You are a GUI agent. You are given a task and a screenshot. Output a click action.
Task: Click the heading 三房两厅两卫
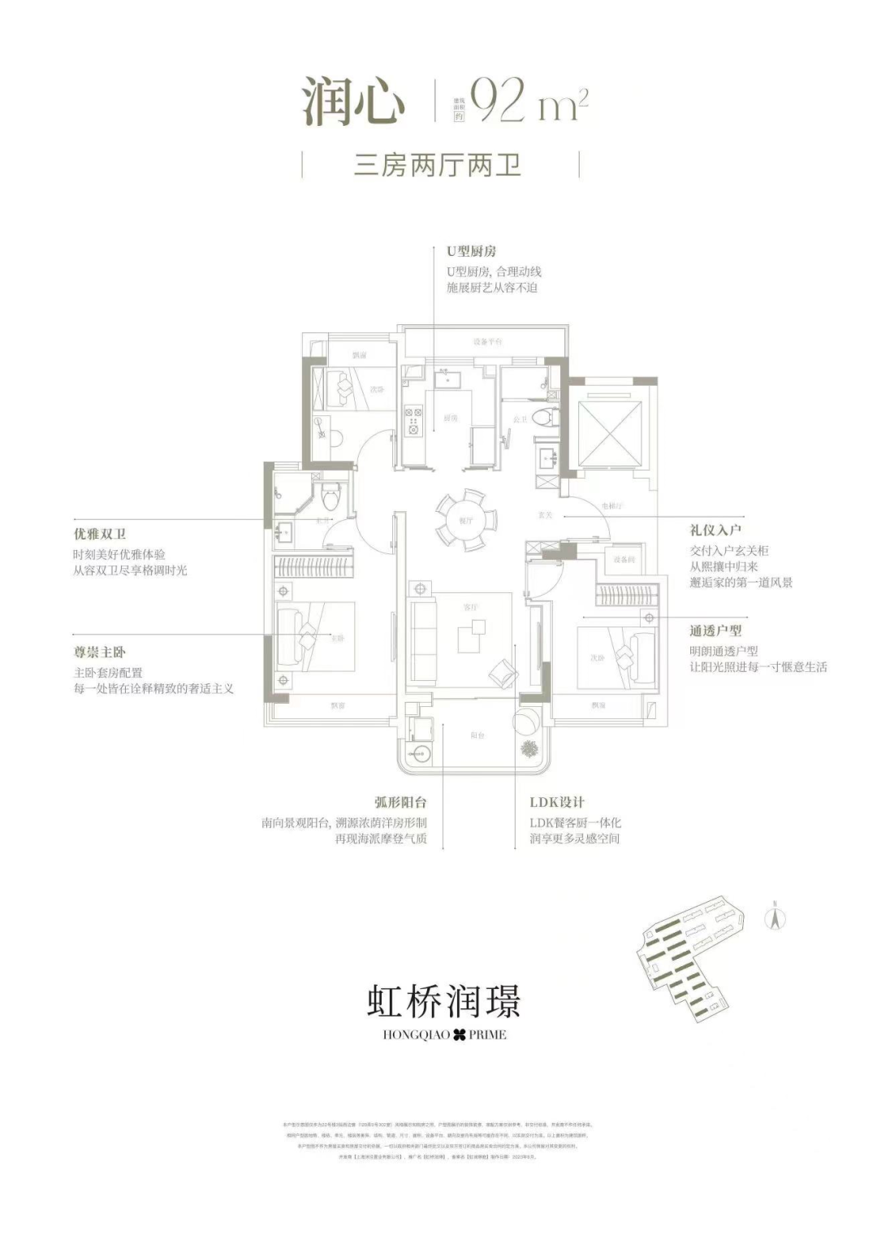(x=438, y=165)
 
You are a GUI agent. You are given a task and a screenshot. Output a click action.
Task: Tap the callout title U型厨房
(x=471, y=252)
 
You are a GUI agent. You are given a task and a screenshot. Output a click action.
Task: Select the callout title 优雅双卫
(x=100, y=534)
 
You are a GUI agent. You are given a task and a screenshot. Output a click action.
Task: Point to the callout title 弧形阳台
(x=400, y=803)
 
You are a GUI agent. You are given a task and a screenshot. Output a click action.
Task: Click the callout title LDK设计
(x=557, y=803)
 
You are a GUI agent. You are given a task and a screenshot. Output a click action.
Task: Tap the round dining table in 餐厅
(x=465, y=519)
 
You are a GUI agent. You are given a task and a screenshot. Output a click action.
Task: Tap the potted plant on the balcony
(x=529, y=748)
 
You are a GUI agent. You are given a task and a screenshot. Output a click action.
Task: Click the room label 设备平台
(x=487, y=342)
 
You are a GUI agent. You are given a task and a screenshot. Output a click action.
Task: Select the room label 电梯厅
(x=611, y=505)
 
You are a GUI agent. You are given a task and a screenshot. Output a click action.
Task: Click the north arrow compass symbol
(x=775, y=918)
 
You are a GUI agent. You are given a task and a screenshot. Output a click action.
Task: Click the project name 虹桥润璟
(x=443, y=1001)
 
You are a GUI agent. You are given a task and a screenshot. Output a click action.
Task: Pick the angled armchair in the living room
(x=503, y=671)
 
